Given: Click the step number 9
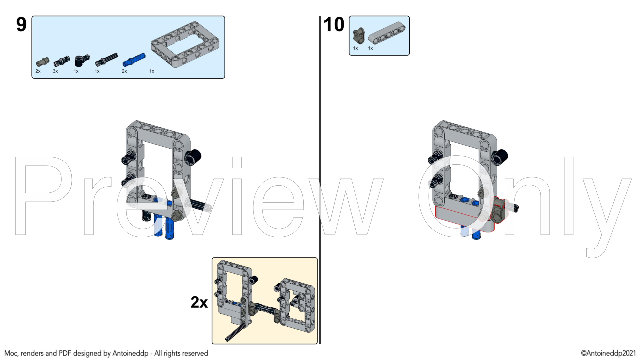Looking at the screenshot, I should pos(21,25).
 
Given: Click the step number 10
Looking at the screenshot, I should pos(334,25).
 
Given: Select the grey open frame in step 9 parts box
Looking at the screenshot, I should pos(185,44).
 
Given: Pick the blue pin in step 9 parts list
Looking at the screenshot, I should pos(134,59).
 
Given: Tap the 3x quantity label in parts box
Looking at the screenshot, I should pos(55,71).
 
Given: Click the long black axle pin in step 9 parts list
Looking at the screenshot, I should pos(106,59).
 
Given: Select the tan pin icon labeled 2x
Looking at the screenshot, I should pos(42,61).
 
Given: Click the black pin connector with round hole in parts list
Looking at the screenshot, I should pos(82,60).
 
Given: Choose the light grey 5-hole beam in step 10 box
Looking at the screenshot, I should pos(387,33).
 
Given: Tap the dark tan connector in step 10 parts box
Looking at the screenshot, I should pos(359,36).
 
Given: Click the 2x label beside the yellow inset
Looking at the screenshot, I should pos(199,302).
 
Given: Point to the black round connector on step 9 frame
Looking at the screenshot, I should pos(192,157).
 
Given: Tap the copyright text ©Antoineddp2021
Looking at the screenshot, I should pos(608,353).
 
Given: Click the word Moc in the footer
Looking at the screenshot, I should pos(11,353).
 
